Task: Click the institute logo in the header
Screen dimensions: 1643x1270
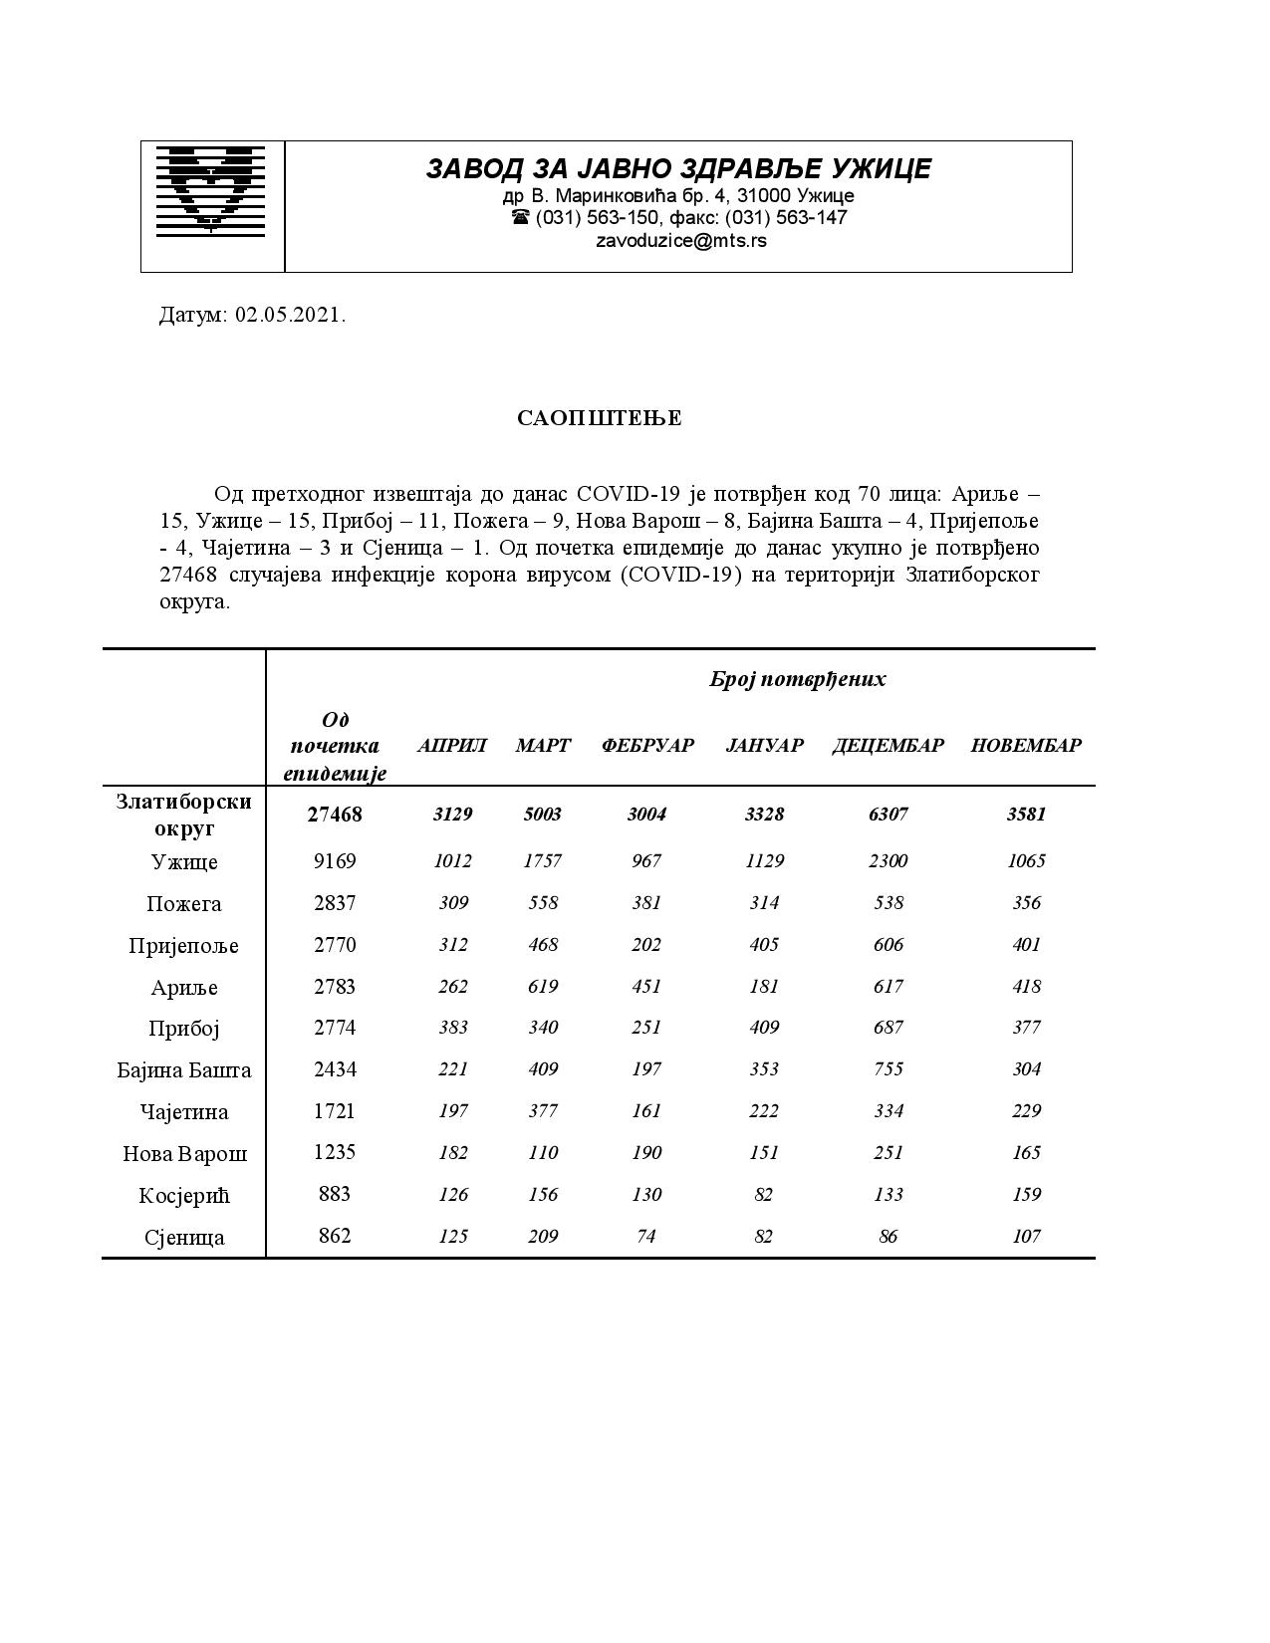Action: (x=211, y=189)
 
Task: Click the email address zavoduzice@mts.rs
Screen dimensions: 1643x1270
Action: (x=681, y=240)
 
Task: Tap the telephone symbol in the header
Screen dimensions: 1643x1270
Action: (x=520, y=217)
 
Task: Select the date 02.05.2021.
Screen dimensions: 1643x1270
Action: (x=290, y=316)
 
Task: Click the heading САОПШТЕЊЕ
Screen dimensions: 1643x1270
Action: (x=600, y=418)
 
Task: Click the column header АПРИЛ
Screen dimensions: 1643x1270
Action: (x=452, y=745)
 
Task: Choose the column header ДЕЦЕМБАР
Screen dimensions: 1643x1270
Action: (x=888, y=745)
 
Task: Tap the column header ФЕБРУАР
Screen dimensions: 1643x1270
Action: (x=646, y=745)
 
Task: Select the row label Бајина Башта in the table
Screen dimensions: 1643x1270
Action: (x=184, y=1070)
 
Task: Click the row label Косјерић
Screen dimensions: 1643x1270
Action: (x=184, y=1195)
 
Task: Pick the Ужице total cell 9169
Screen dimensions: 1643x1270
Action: (x=335, y=860)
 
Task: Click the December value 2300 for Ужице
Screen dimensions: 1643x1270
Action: (x=888, y=860)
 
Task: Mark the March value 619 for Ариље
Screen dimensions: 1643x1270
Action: (x=543, y=986)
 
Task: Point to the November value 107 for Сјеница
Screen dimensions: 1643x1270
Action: (x=1026, y=1236)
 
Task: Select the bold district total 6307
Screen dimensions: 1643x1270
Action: (x=888, y=814)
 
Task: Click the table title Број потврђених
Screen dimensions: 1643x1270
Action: (x=797, y=679)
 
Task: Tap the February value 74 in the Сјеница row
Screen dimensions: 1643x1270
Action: (x=645, y=1236)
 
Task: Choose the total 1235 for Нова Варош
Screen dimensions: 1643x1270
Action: (x=335, y=1152)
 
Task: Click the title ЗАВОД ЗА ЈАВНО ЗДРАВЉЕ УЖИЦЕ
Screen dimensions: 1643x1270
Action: (x=678, y=168)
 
